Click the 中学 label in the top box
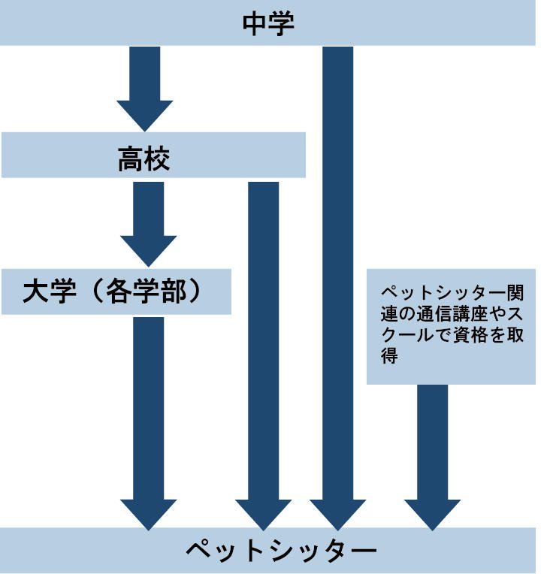(x=267, y=22)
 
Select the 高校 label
(x=144, y=159)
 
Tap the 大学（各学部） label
(x=113, y=291)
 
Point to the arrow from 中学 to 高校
(x=144, y=86)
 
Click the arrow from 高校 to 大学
(x=148, y=222)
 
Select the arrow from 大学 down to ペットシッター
(x=148, y=421)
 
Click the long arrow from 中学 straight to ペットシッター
(x=337, y=285)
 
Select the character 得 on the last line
(x=389, y=357)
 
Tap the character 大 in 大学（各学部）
(x=35, y=291)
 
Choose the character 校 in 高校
(x=157, y=159)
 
